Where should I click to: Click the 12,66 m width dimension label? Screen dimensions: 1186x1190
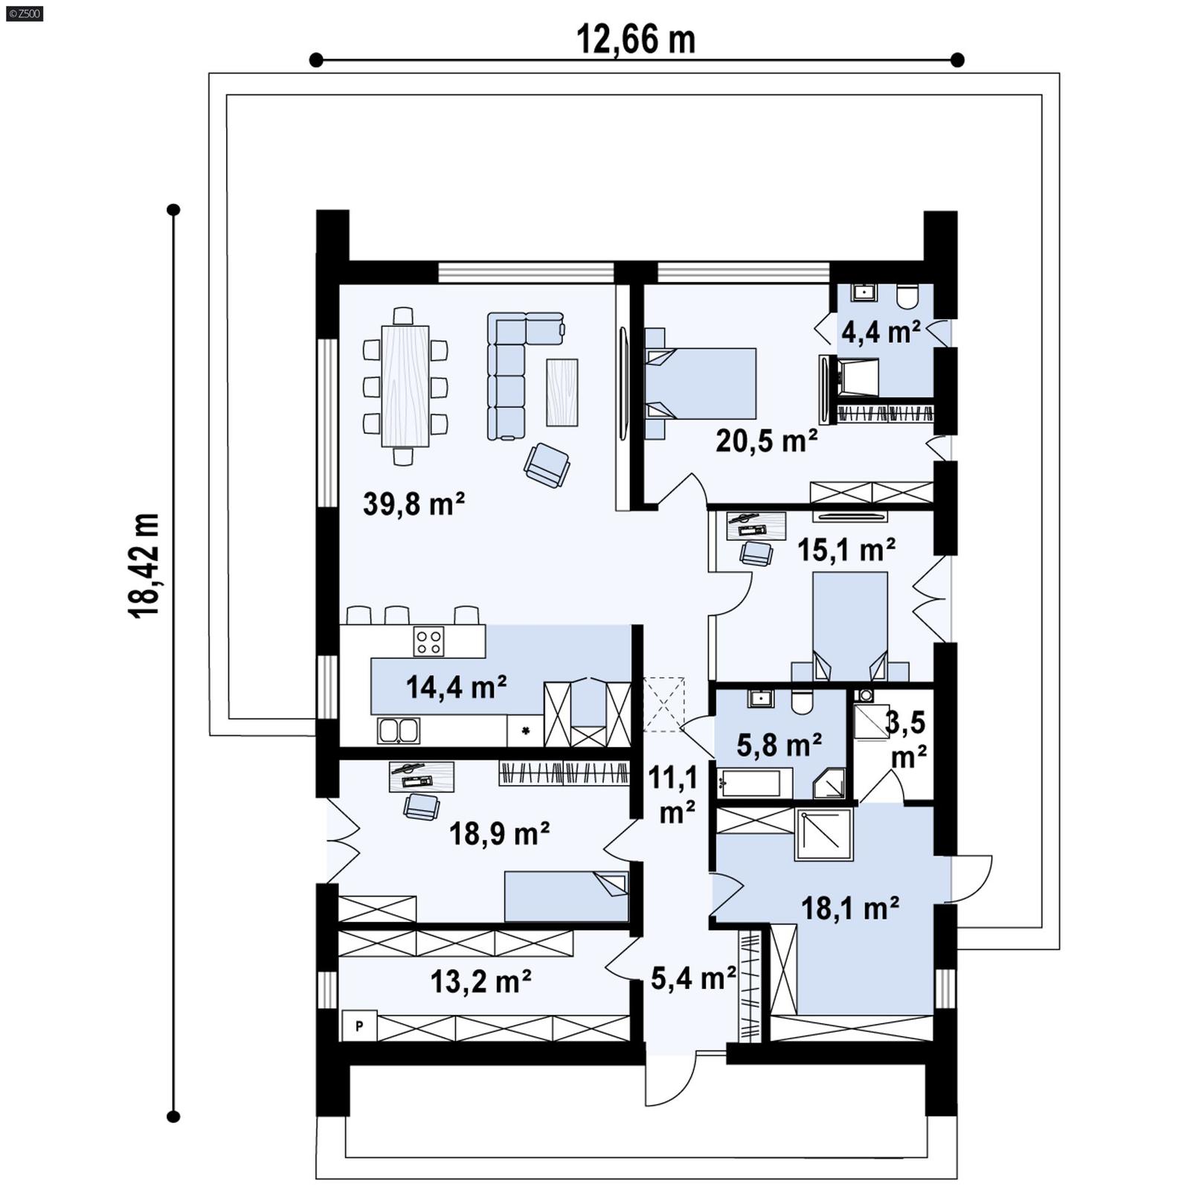635,40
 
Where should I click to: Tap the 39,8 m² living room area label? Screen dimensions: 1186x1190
414,504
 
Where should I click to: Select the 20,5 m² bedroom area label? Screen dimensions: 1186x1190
766,441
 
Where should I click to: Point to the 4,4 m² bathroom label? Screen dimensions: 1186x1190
880,332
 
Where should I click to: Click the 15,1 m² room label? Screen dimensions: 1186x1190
846,551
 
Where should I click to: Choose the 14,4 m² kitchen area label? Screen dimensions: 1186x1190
456,687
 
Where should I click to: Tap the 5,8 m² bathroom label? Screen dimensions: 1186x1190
779,744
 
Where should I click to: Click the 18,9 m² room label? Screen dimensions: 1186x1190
499,834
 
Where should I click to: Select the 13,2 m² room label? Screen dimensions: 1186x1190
480,981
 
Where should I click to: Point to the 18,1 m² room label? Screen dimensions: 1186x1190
849,908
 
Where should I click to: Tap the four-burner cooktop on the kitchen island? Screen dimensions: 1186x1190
429,641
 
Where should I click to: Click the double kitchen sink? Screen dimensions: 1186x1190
398,731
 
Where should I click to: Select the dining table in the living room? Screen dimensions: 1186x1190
405,386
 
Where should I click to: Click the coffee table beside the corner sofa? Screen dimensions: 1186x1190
562,392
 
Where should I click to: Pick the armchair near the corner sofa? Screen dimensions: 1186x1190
547,465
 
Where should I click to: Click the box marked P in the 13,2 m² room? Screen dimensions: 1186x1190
359,1027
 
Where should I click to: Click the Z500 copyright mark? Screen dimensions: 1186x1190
24,13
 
